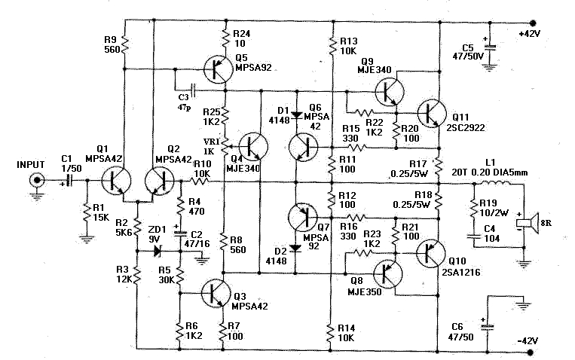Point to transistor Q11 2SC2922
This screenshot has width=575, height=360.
coord(432,112)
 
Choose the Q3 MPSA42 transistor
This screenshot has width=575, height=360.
coord(216,292)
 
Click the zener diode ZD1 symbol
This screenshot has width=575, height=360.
coord(158,251)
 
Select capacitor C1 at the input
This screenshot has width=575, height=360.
coord(69,181)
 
